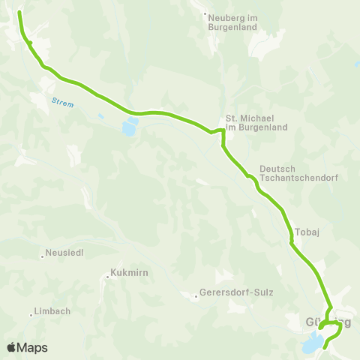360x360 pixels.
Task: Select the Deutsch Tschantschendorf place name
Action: (288, 173)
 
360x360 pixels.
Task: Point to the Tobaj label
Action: (308, 232)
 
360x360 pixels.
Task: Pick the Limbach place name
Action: (52, 312)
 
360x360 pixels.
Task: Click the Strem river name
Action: (63, 103)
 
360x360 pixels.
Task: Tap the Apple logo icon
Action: (11, 347)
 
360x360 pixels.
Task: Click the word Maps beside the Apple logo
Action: (33, 347)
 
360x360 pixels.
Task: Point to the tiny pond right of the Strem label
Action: (100, 115)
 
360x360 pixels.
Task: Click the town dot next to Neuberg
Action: (205, 13)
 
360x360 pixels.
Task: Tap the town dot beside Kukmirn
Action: (105, 274)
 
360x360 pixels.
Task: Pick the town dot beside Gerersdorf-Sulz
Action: (195, 294)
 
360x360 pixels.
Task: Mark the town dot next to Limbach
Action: (31, 313)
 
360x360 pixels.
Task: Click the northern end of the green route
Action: (19, 13)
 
